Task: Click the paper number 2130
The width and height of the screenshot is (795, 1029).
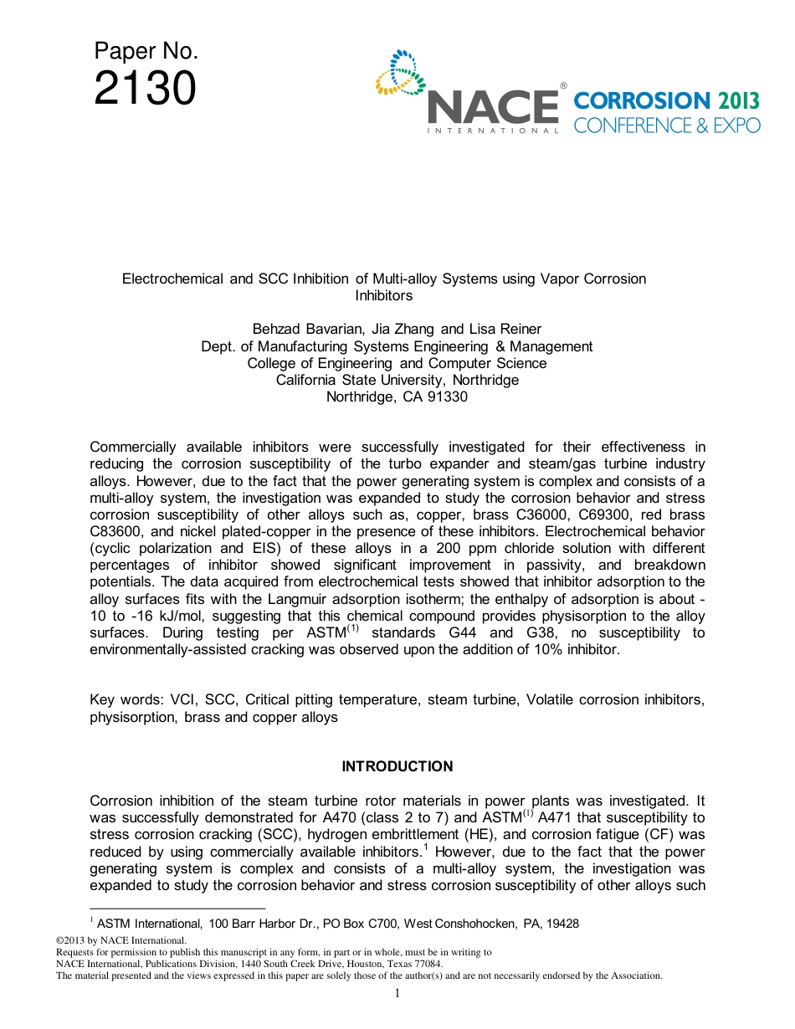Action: pyautogui.click(x=145, y=89)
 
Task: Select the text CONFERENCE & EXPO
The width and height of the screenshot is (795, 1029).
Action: pyautogui.click(x=667, y=125)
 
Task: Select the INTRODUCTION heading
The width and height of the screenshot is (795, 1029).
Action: pyautogui.click(x=397, y=766)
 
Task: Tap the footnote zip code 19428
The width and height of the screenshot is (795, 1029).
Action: pyautogui.click(x=561, y=924)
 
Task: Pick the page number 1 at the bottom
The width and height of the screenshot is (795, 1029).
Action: pyautogui.click(x=397, y=993)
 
